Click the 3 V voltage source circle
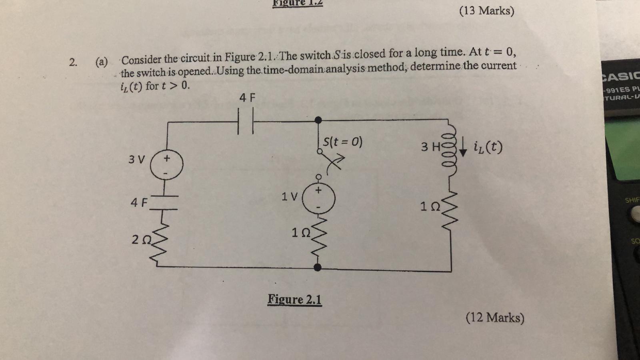(166, 165)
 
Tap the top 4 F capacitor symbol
(246, 121)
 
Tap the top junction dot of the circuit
(318, 120)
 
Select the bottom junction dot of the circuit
(318, 267)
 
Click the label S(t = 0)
(342, 142)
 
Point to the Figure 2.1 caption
(294, 299)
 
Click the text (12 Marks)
(495, 318)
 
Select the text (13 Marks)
(486, 10)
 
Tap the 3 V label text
(136, 159)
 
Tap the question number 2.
(73, 62)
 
